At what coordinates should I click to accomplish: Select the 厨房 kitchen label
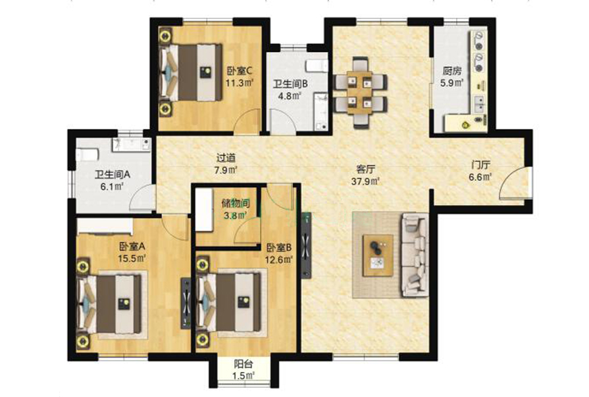point(452,70)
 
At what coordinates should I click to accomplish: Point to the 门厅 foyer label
point(480,165)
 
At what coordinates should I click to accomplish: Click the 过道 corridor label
point(226,158)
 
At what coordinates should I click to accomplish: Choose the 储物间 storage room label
point(236,203)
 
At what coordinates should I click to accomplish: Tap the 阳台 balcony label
point(243,363)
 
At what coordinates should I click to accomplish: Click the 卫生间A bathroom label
point(112,174)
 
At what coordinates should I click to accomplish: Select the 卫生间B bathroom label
point(290,84)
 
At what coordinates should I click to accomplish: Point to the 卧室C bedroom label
point(240,70)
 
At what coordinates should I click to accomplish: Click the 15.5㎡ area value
point(132,258)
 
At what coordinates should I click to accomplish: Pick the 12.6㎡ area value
point(279,260)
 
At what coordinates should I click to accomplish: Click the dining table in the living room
point(359,92)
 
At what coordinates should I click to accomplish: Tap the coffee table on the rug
point(378,256)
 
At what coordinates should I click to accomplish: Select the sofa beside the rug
point(415,255)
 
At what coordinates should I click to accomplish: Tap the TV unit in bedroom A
point(186,303)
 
